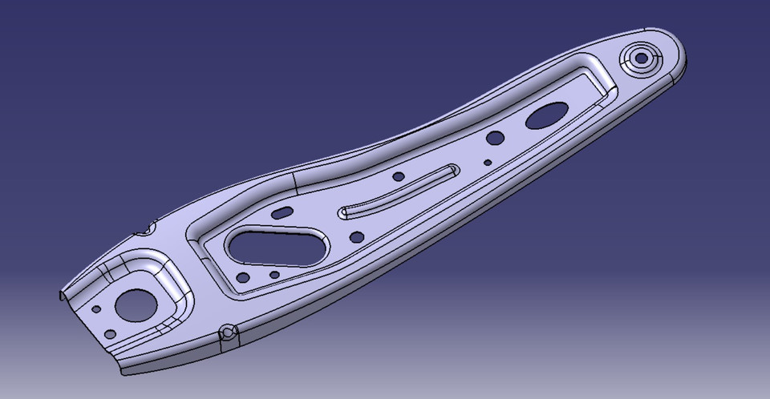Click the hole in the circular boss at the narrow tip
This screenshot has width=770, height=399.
tap(642, 58)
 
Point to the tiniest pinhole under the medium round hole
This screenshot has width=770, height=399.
tap(485, 161)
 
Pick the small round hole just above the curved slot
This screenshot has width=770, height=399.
tap(398, 176)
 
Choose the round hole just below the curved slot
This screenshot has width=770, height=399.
tap(356, 237)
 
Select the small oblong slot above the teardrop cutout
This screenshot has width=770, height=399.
tap(282, 214)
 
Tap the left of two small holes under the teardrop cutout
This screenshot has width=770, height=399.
tap(242, 280)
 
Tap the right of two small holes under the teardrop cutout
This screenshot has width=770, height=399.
tap(274, 275)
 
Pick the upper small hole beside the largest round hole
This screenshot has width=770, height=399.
tap(96, 308)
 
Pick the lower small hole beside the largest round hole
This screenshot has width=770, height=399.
tap(111, 333)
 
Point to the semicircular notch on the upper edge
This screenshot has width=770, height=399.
tap(146, 231)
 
